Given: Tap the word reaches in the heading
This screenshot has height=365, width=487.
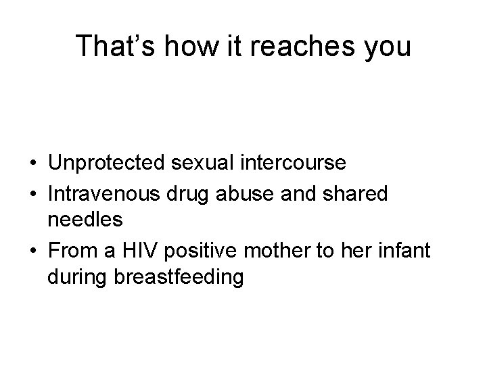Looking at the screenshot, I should (x=296, y=46).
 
